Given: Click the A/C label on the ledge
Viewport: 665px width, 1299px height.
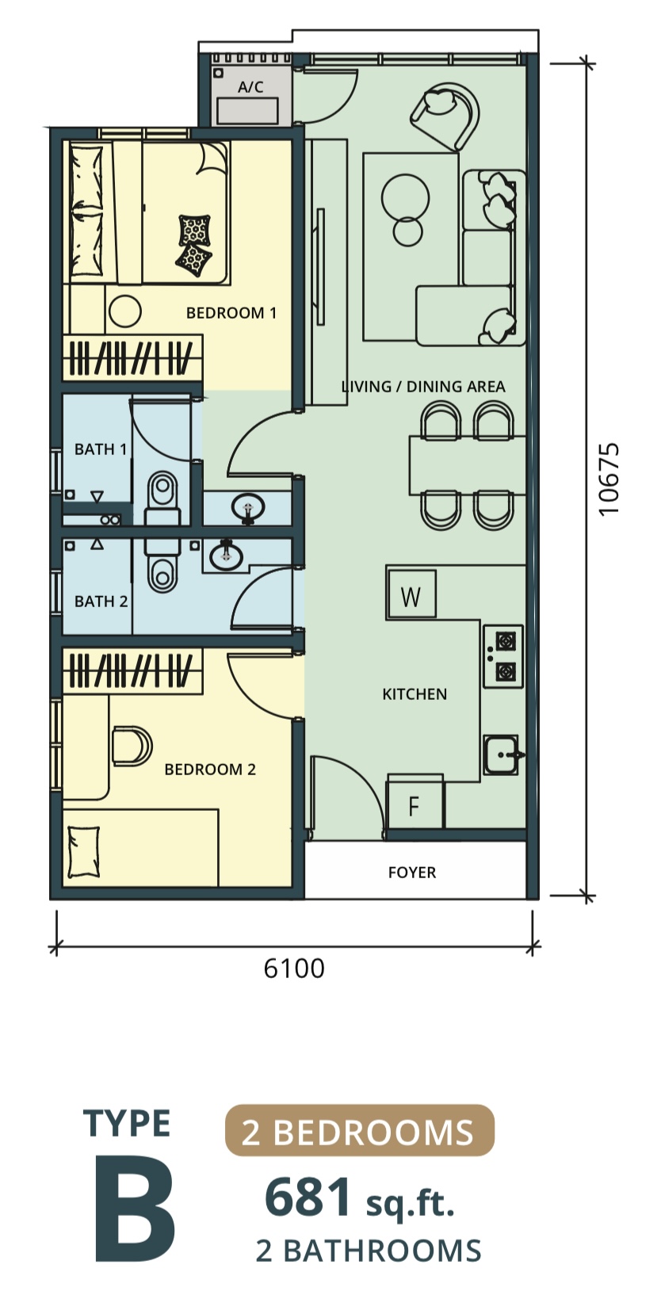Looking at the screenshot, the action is tap(250, 87).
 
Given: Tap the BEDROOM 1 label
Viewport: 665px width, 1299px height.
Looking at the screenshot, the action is tap(231, 313).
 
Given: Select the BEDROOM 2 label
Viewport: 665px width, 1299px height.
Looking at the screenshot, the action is tap(210, 770).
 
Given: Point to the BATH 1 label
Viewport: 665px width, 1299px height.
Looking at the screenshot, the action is tap(101, 449).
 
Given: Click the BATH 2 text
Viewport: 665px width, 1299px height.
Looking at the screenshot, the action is tap(101, 602).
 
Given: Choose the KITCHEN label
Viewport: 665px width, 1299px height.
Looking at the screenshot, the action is tap(415, 694).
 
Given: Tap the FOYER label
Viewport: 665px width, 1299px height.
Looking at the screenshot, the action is tap(412, 872).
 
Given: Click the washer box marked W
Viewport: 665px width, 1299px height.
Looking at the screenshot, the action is tap(411, 595).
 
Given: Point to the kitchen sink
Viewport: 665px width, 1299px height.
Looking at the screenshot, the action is tap(502, 755).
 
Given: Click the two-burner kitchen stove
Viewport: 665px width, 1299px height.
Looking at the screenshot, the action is tap(503, 656).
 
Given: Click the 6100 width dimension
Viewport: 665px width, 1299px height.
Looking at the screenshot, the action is tap(294, 969).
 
